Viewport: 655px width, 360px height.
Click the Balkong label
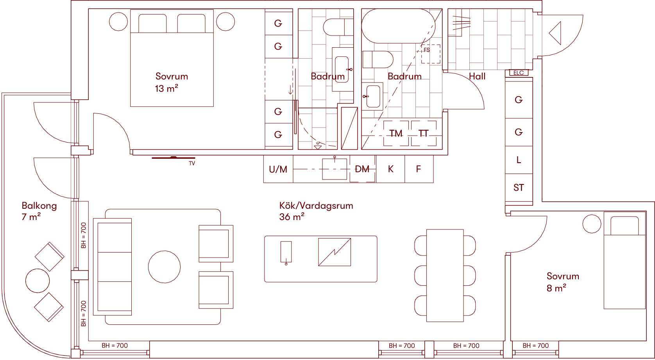pyautogui.click(x=39, y=206)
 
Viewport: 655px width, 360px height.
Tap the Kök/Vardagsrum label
pyautogui.click(x=316, y=206)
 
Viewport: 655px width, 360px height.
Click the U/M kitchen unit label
pyautogui.click(x=278, y=169)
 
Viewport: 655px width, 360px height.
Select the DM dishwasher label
pyautogui.click(x=362, y=169)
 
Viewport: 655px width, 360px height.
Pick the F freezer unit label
pyautogui.click(x=419, y=169)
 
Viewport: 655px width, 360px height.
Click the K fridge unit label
pyautogui.click(x=390, y=169)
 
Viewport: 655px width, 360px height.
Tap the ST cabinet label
pyautogui.click(x=519, y=188)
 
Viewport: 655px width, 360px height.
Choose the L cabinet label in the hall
pyautogui.click(x=519, y=160)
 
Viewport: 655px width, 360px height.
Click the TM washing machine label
pyautogui.click(x=396, y=134)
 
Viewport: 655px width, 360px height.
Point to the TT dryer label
pyautogui.click(x=424, y=134)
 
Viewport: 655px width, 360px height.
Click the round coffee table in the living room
pyautogui.click(x=165, y=267)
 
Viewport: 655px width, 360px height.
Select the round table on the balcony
pyautogui.click(x=38, y=281)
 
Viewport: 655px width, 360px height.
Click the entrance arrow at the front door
pyautogui.click(x=555, y=33)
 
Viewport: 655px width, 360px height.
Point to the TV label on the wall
pyautogui.click(x=192, y=163)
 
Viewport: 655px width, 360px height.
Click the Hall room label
pyautogui.click(x=477, y=77)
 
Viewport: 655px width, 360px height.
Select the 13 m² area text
pyautogui.click(x=166, y=89)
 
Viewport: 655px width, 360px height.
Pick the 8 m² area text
pyautogui.click(x=557, y=288)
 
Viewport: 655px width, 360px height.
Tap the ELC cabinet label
pyautogui.click(x=519, y=73)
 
